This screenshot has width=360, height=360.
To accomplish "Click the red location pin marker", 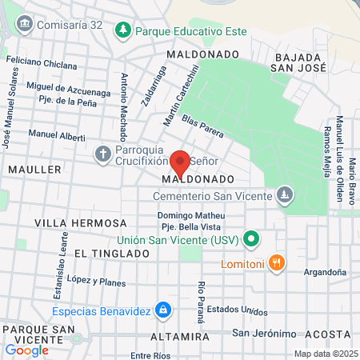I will (180, 162).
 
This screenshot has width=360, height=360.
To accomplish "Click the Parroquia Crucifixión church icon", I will (103, 154).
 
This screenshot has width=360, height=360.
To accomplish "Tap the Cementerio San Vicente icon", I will (284, 194).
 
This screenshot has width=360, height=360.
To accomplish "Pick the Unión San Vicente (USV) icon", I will (251, 238).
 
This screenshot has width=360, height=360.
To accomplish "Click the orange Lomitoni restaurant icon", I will (276, 262).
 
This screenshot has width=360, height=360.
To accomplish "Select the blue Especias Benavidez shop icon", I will (162, 309).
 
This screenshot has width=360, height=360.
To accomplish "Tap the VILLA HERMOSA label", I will (81, 222).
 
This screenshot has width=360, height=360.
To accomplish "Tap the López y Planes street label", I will (97, 282).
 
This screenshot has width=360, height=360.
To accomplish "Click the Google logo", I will (26, 350).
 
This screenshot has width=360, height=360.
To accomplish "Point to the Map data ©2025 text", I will (325, 354).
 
